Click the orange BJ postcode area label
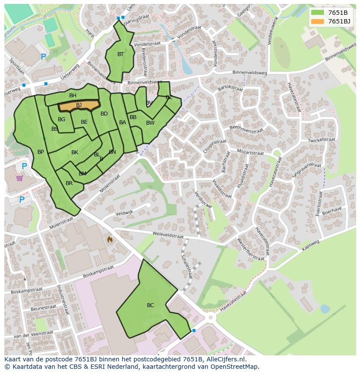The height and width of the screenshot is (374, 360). pyautogui.click(x=79, y=105)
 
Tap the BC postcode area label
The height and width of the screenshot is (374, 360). pyautogui.click(x=150, y=305)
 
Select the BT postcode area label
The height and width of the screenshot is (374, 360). pyautogui.click(x=120, y=54)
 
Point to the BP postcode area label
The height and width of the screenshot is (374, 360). pyautogui.click(x=40, y=152)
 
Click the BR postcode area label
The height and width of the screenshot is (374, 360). pyautogui.click(x=69, y=183)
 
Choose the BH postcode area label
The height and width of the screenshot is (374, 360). pyautogui.click(x=73, y=96)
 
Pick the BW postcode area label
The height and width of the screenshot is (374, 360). pyautogui.click(x=150, y=123)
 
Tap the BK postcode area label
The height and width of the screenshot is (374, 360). pyautogui.click(x=75, y=152)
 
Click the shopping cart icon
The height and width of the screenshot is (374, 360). pyautogui.click(x=20, y=178)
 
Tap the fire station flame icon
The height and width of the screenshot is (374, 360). pyautogui.click(x=110, y=239)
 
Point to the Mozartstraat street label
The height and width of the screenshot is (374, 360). pyautogui.click(x=250, y=152)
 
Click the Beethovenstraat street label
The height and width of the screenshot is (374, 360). pyautogui.click(x=246, y=129)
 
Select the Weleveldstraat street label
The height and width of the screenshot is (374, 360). pyautogui.click(x=168, y=235)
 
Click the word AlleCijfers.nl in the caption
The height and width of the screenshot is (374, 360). pyautogui.click(x=226, y=359)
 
